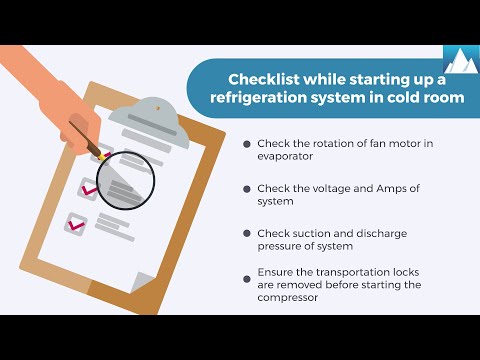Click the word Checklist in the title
pos(264,80)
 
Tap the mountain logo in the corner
pos(462,59)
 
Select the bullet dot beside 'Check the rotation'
pos(247,144)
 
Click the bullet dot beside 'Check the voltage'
pos(247,189)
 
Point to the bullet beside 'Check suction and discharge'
pos(247,233)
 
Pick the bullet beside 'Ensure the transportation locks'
pos(247,279)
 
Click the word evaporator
pos(285,157)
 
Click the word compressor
pos(287,297)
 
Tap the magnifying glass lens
pos(126,180)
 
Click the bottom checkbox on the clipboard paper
pos(76,224)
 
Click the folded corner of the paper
pos(143,282)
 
